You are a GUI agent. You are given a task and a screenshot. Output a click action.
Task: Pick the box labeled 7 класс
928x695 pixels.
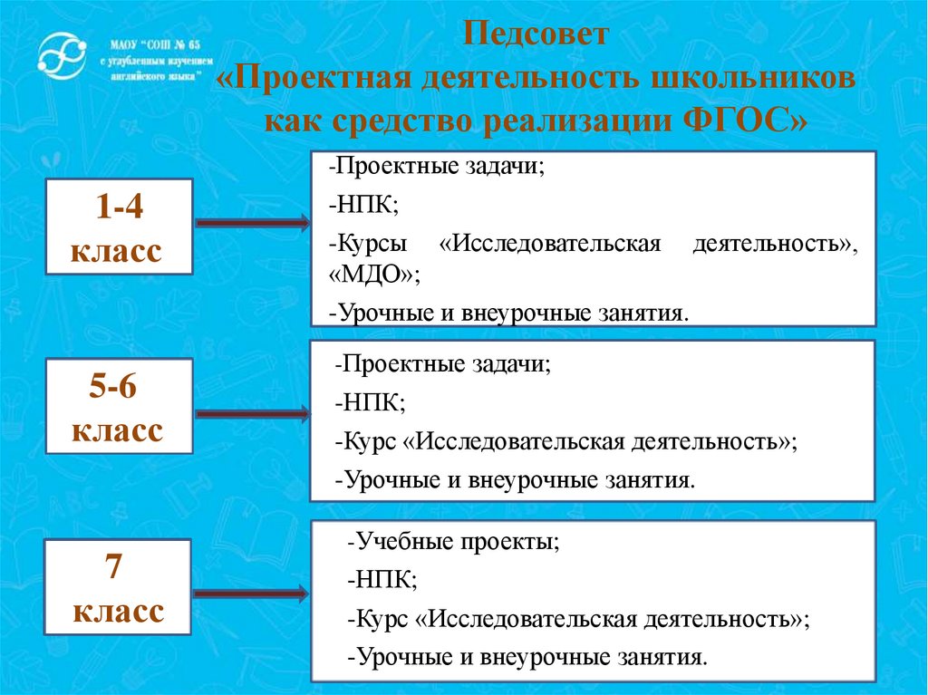click(x=118, y=587)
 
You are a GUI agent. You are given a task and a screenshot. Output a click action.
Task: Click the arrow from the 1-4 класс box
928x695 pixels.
click(x=252, y=223)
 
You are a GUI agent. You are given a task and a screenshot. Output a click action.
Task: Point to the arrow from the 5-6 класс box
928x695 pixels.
click(x=252, y=414)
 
